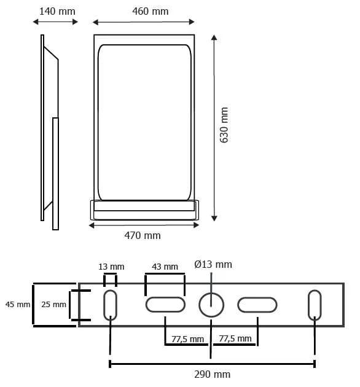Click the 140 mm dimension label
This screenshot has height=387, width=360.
tap(57, 11)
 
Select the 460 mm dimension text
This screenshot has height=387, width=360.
tap(151, 11)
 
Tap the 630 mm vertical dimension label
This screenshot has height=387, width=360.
tap(224, 125)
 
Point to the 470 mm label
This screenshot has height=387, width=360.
tap(143, 235)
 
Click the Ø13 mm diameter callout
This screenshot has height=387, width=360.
tap(213, 264)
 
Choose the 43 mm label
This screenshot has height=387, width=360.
tap(165, 267)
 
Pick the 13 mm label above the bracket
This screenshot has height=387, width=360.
tap(111, 267)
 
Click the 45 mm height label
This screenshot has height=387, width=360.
tap(18, 304)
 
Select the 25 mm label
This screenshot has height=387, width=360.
tap(53, 304)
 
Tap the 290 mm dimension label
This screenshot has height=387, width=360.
tap(213, 375)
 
